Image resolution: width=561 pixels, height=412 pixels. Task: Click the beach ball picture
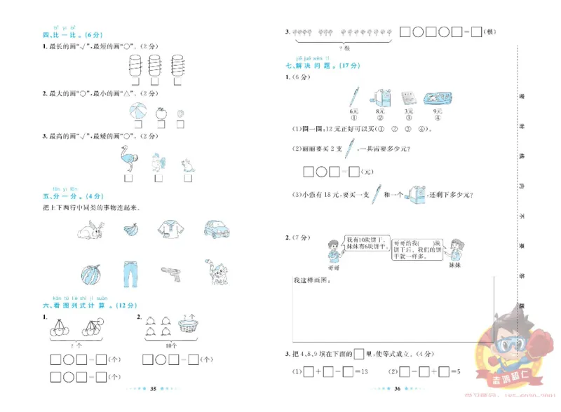pyautogui.click(x=138, y=112)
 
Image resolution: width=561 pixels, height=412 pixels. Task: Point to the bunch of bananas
pyautogui.click(x=130, y=228)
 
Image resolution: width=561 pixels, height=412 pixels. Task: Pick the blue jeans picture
pyautogui.click(x=130, y=274)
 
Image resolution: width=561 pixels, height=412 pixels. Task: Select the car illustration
pyautogui.click(x=217, y=228)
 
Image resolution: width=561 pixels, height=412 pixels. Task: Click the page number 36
pyautogui.click(x=397, y=387)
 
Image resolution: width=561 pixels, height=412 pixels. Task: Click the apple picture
pyautogui.click(x=161, y=111)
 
